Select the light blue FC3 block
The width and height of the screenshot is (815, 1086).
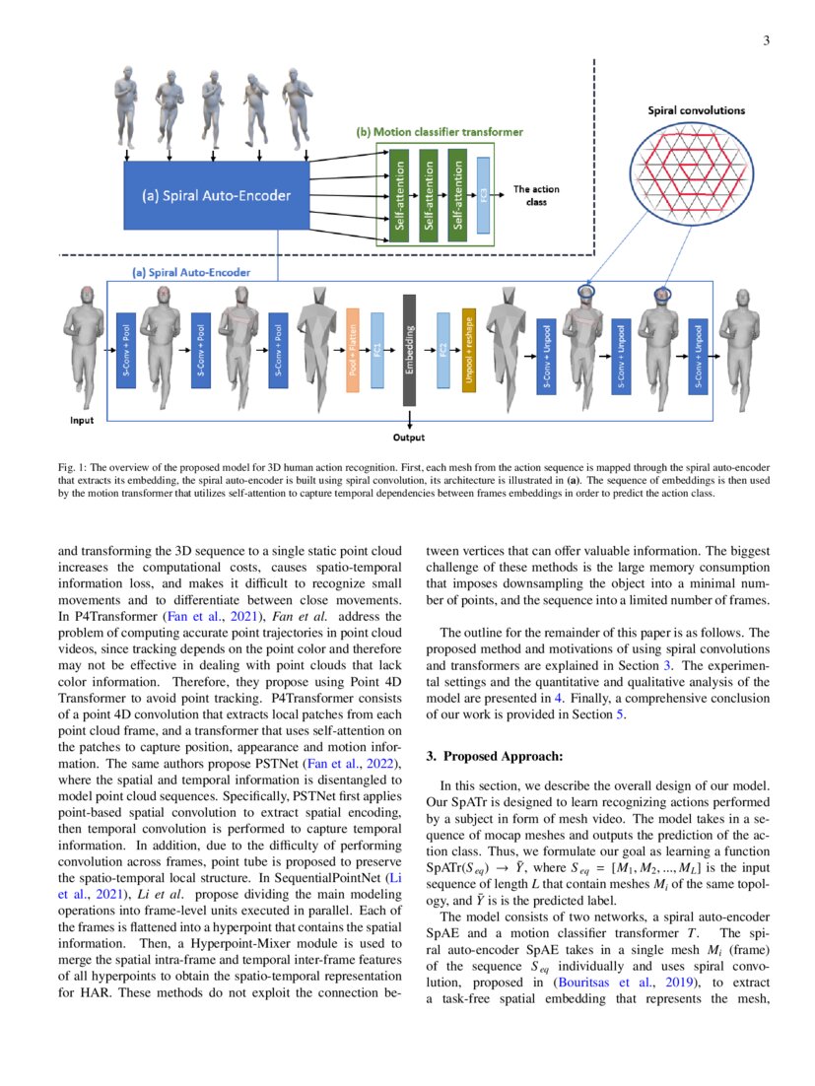pos(483,195)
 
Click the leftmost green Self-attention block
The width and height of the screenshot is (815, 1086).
pos(400,193)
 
